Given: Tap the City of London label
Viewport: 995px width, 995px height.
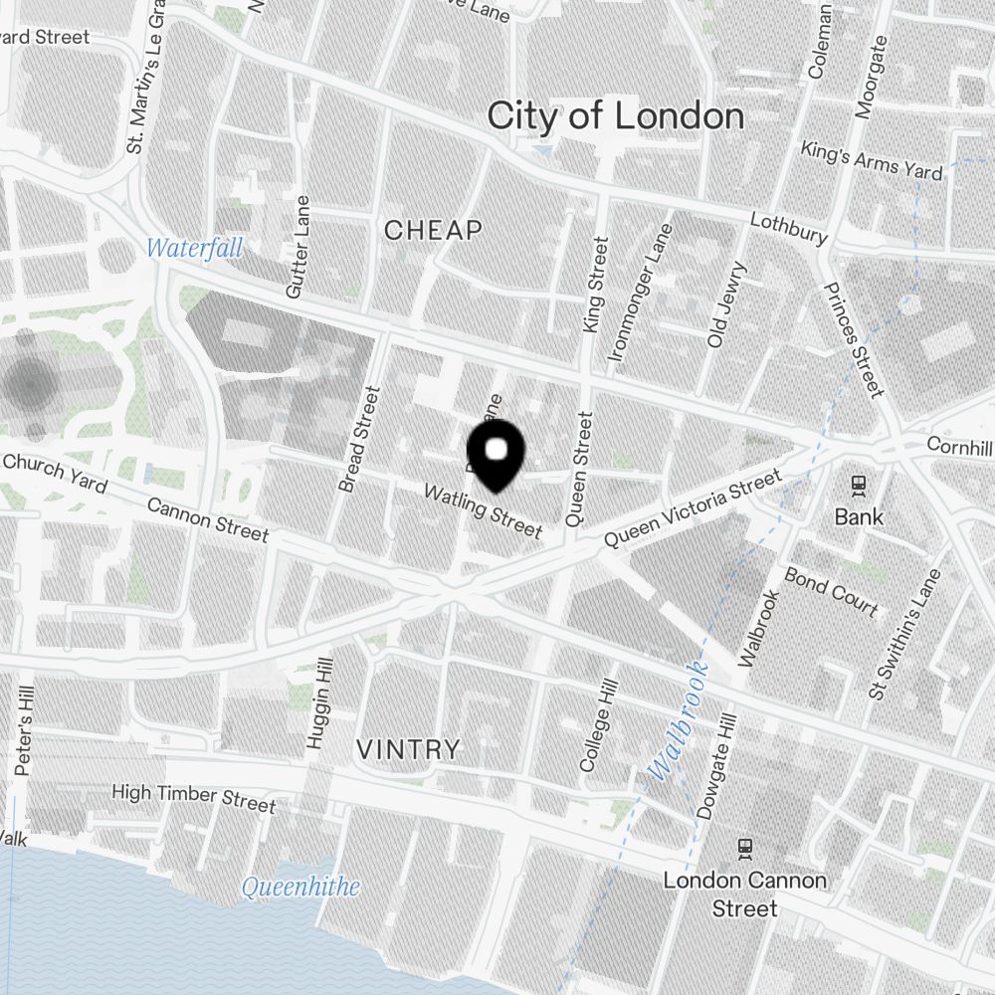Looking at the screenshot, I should click(x=615, y=116).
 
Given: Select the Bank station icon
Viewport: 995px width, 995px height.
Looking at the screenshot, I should click(x=858, y=486).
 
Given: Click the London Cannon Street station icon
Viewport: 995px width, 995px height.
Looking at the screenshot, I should click(x=745, y=848).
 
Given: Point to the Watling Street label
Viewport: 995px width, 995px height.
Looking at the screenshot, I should click(x=484, y=511).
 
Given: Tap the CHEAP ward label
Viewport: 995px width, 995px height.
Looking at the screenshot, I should click(x=433, y=231).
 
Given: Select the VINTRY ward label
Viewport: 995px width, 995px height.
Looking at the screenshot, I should click(x=409, y=748).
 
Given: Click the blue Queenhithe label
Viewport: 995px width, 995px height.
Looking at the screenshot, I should click(x=300, y=886).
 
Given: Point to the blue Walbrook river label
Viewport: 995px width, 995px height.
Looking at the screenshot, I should click(x=677, y=719).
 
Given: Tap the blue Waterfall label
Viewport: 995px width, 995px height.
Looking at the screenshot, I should click(x=194, y=248).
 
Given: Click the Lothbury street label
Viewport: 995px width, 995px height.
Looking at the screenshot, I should click(x=789, y=228).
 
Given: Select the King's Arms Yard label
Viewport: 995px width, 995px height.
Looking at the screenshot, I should click(x=872, y=160).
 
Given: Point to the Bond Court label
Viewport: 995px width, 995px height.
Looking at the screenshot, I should click(x=831, y=592).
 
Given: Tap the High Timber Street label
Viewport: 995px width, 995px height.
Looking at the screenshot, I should click(x=193, y=797).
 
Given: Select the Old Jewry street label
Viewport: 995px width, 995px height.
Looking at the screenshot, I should click(x=725, y=304).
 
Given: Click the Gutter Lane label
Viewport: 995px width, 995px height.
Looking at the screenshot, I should click(x=298, y=247).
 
